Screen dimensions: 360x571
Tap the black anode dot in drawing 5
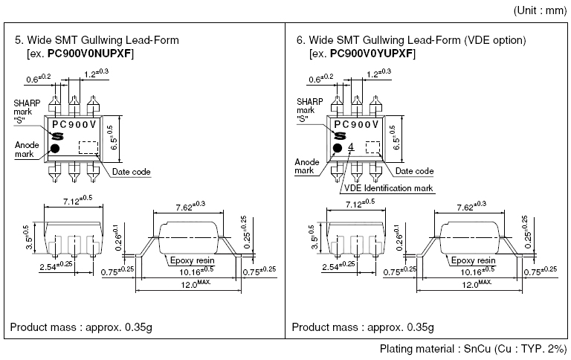55,148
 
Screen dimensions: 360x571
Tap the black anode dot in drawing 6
337,148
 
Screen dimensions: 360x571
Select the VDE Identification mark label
389,188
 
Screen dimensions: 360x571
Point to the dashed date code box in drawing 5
88,147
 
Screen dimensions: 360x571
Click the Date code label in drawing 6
414,171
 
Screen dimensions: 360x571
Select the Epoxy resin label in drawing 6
472,260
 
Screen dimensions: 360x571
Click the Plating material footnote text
473,349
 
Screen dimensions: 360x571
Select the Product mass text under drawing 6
363,327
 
